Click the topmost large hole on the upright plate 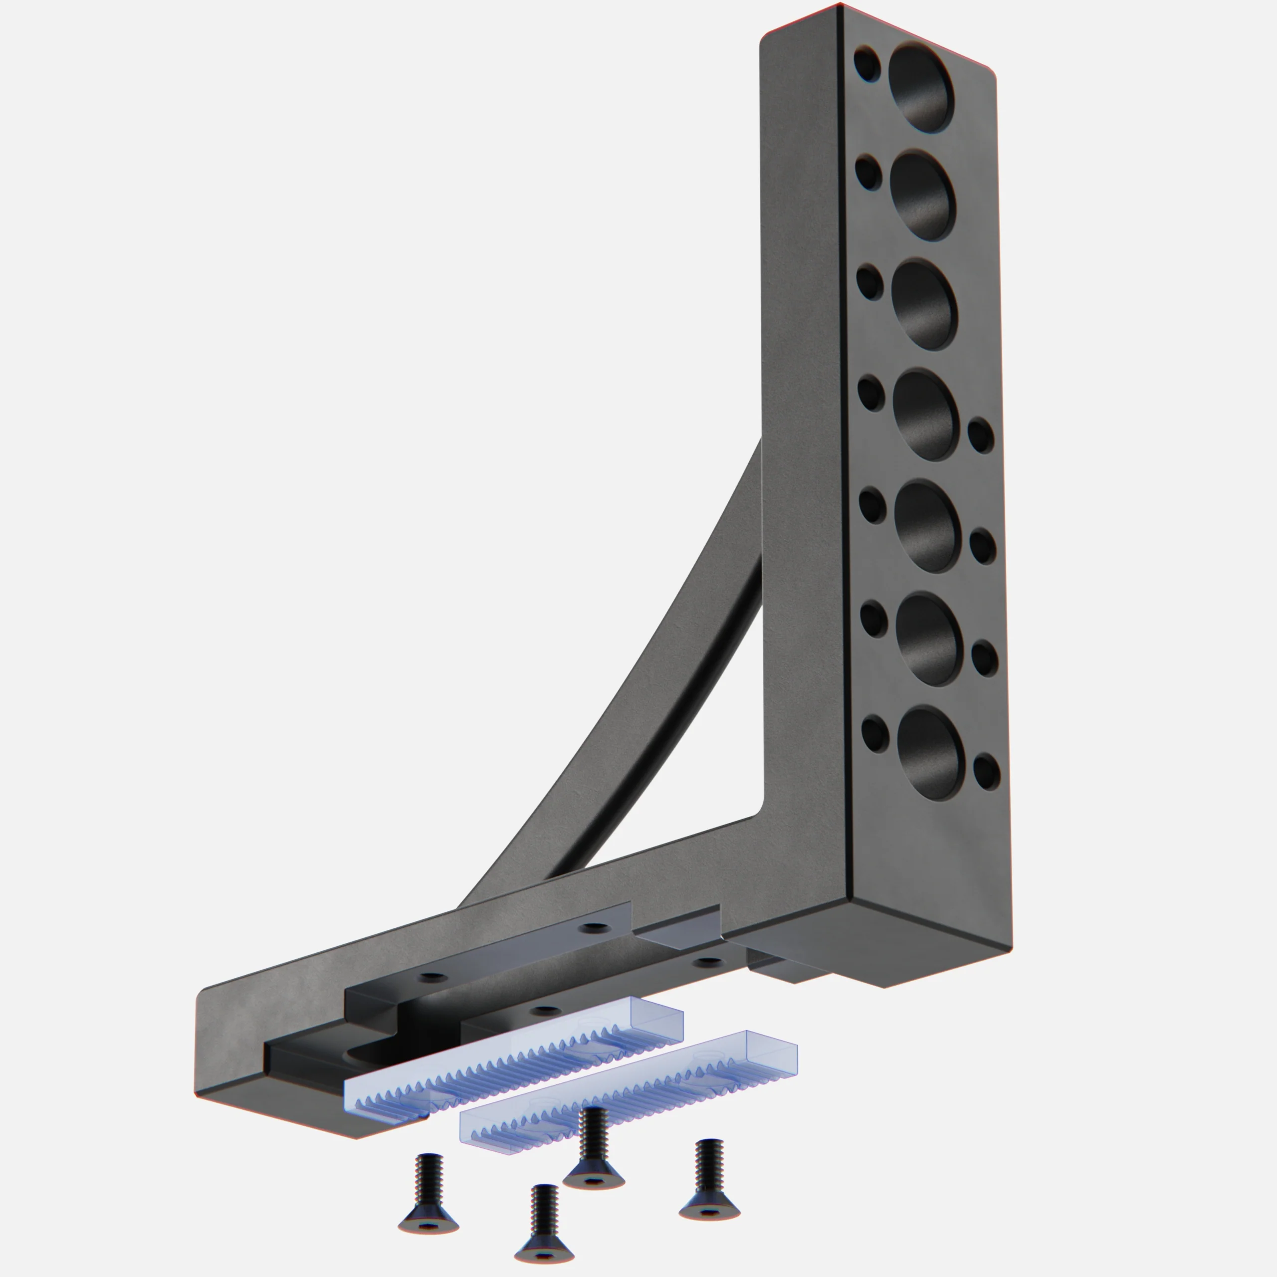(x=920, y=87)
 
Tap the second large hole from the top (x=923, y=195)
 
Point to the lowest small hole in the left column (x=875, y=734)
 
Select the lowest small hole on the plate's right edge (x=986, y=771)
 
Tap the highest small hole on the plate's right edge (x=981, y=435)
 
